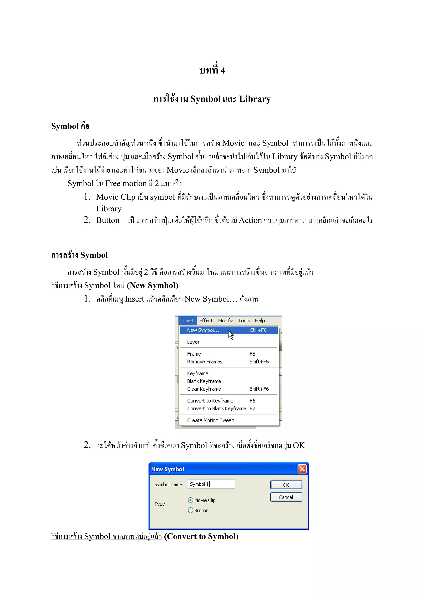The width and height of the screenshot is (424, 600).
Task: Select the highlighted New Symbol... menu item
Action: [203, 330]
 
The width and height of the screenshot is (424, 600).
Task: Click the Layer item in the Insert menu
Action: [193, 342]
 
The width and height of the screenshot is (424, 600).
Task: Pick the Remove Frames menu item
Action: [205, 362]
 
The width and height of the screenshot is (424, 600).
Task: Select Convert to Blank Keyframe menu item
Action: [216, 408]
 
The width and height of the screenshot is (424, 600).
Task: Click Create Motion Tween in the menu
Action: [211, 420]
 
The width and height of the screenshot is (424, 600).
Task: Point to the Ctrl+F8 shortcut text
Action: [258, 330]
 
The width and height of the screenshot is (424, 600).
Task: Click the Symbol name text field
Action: [211, 484]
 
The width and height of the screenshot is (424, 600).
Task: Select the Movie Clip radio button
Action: [190, 500]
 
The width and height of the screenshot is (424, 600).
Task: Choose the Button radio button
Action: [190, 510]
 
